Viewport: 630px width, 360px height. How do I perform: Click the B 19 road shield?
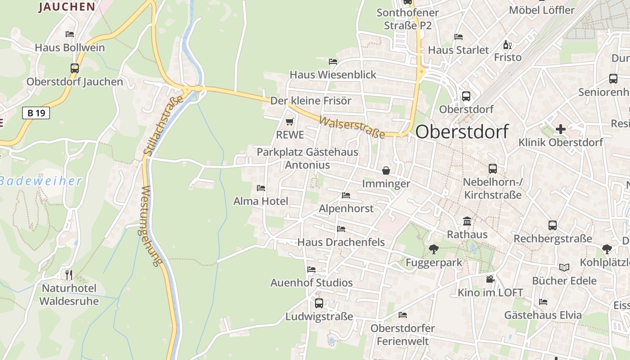[x=36, y=113]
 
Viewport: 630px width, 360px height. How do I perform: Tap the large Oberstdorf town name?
[x=462, y=132]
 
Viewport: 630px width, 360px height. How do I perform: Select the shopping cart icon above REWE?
[x=290, y=121]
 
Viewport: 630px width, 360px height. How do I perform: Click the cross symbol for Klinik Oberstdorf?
[x=560, y=130]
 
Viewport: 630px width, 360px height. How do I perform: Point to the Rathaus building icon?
[x=467, y=221]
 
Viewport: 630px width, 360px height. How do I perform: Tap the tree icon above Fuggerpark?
[x=434, y=249]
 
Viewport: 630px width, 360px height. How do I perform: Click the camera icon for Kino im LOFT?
[x=490, y=279]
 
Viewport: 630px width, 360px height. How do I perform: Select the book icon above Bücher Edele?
[x=564, y=267]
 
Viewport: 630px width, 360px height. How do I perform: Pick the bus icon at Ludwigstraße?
[x=319, y=303]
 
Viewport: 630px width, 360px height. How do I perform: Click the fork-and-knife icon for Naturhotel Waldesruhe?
[x=68, y=274]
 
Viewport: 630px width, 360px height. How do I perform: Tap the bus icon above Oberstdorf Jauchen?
[x=75, y=68]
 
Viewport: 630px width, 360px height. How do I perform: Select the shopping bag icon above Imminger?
[x=386, y=171]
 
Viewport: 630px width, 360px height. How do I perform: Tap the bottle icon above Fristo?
[x=508, y=45]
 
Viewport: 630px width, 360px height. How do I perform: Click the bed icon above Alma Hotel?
[x=261, y=188]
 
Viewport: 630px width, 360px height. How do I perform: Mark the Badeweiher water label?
[x=41, y=181]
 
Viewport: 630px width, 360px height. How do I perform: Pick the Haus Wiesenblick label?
[x=333, y=75]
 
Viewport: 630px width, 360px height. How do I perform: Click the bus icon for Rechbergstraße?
[x=553, y=225]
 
